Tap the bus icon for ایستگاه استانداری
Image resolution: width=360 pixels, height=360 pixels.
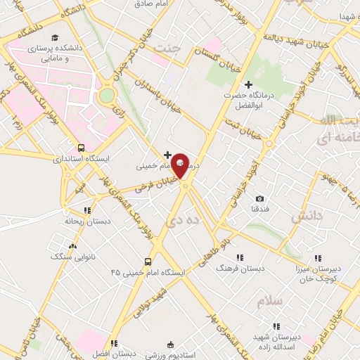(x=82, y=148)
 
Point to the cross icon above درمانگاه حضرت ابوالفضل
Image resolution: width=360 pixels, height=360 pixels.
(x=248, y=84)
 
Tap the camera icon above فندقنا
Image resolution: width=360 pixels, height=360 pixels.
(x=259, y=199)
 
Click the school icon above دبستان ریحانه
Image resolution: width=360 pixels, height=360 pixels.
(x=87, y=210)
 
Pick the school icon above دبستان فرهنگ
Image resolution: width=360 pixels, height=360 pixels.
(x=240, y=257)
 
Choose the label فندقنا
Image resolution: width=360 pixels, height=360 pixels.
(x=259, y=210)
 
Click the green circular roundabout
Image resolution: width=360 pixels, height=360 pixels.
(x=106, y=95)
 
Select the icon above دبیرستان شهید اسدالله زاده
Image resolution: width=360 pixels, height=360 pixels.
(x=276, y=326)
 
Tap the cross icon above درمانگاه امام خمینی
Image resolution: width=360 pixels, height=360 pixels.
(x=167, y=155)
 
